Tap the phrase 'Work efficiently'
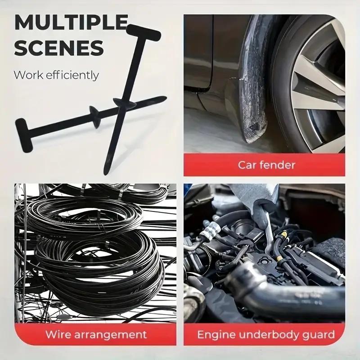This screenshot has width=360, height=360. point(56,75)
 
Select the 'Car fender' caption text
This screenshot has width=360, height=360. point(267,165)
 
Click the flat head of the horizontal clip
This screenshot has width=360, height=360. point(22,129)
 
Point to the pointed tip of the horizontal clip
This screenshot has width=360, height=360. point(164,98)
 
